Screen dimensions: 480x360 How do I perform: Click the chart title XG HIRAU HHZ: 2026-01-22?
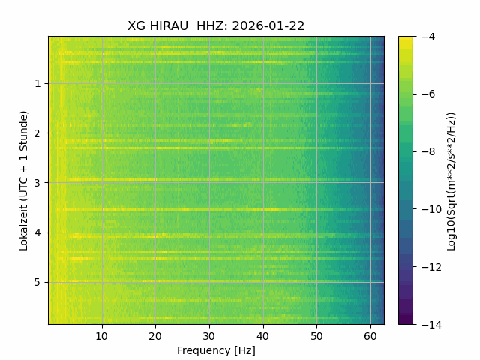coord(216,26)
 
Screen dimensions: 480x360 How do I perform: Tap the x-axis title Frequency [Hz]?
coord(216,350)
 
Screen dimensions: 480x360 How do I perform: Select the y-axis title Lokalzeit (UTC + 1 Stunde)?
coord(23,181)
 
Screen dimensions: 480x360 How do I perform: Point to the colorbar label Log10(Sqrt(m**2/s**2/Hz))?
coord(451,181)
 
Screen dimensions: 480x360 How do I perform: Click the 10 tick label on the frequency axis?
coord(102,337)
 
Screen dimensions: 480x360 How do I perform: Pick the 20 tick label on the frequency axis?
coord(155,337)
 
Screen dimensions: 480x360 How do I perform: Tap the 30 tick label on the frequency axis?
coord(209,337)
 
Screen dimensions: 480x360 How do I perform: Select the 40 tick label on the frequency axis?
coord(263,337)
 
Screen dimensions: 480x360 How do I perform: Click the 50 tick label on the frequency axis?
coord(316,337)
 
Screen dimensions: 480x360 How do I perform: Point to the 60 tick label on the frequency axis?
coord(370,337)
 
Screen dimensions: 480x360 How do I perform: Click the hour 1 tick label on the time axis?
coord(37,83)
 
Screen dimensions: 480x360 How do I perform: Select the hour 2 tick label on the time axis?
coord(37,133)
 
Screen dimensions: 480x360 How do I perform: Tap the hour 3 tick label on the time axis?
coord(37,183)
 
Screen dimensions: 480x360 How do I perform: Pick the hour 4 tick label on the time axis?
coord(37,233)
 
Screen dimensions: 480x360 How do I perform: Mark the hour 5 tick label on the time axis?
coord(37,283)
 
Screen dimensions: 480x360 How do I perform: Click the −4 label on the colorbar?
coord(428,37)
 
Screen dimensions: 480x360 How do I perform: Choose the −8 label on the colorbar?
coord(428,151)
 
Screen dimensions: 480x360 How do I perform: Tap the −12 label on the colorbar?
coord(431,267)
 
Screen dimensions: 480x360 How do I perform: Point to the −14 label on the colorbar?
coord(431,325)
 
